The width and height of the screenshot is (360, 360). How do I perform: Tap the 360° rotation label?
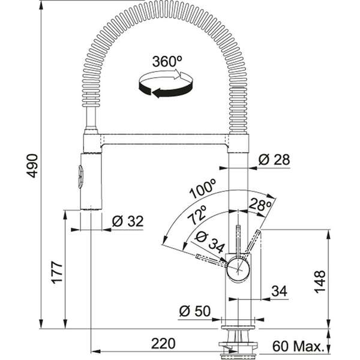click(167, 62)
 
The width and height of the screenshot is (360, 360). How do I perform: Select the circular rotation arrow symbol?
click(161, 83)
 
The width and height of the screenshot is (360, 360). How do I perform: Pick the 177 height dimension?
click(56, 273)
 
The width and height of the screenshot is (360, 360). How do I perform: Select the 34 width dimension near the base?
click(278, 292)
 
